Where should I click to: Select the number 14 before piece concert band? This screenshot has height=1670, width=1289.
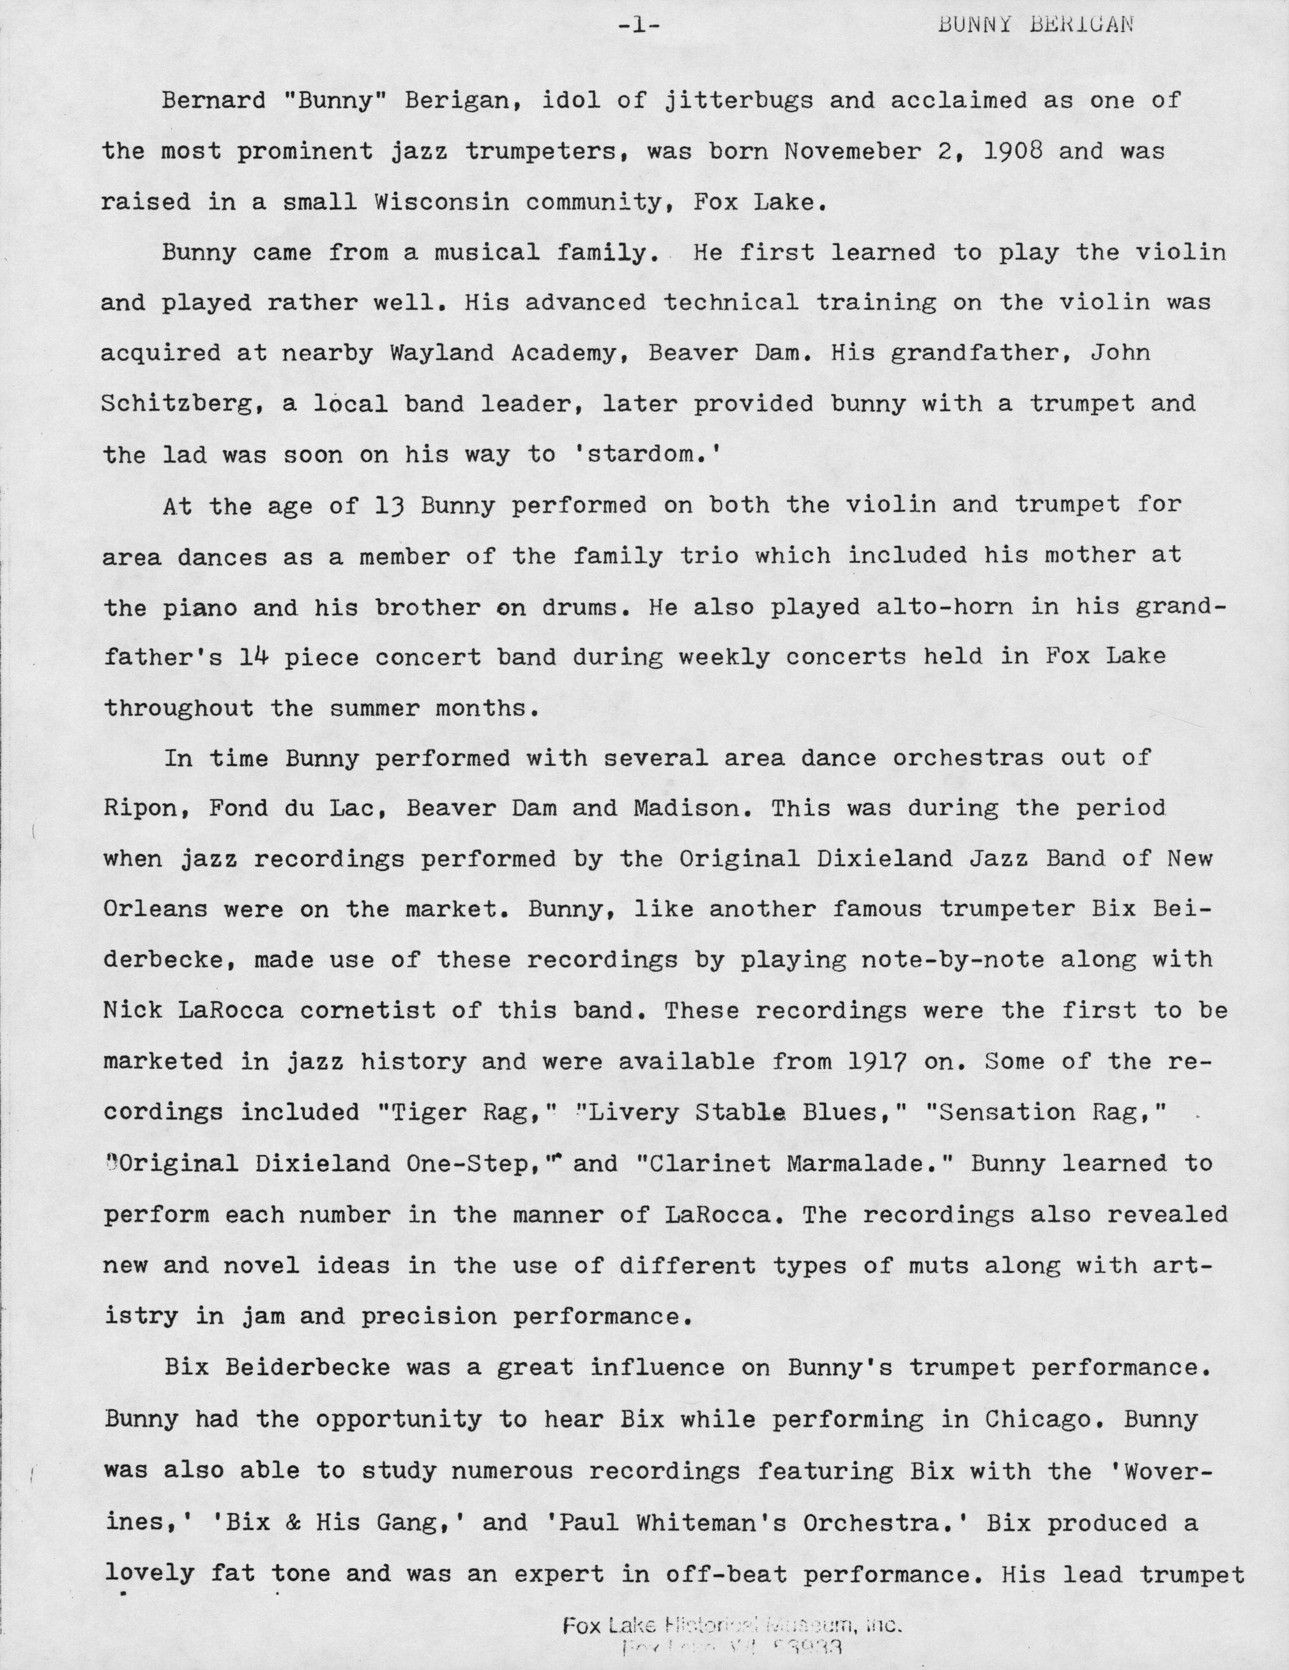(x=253, y=657)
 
